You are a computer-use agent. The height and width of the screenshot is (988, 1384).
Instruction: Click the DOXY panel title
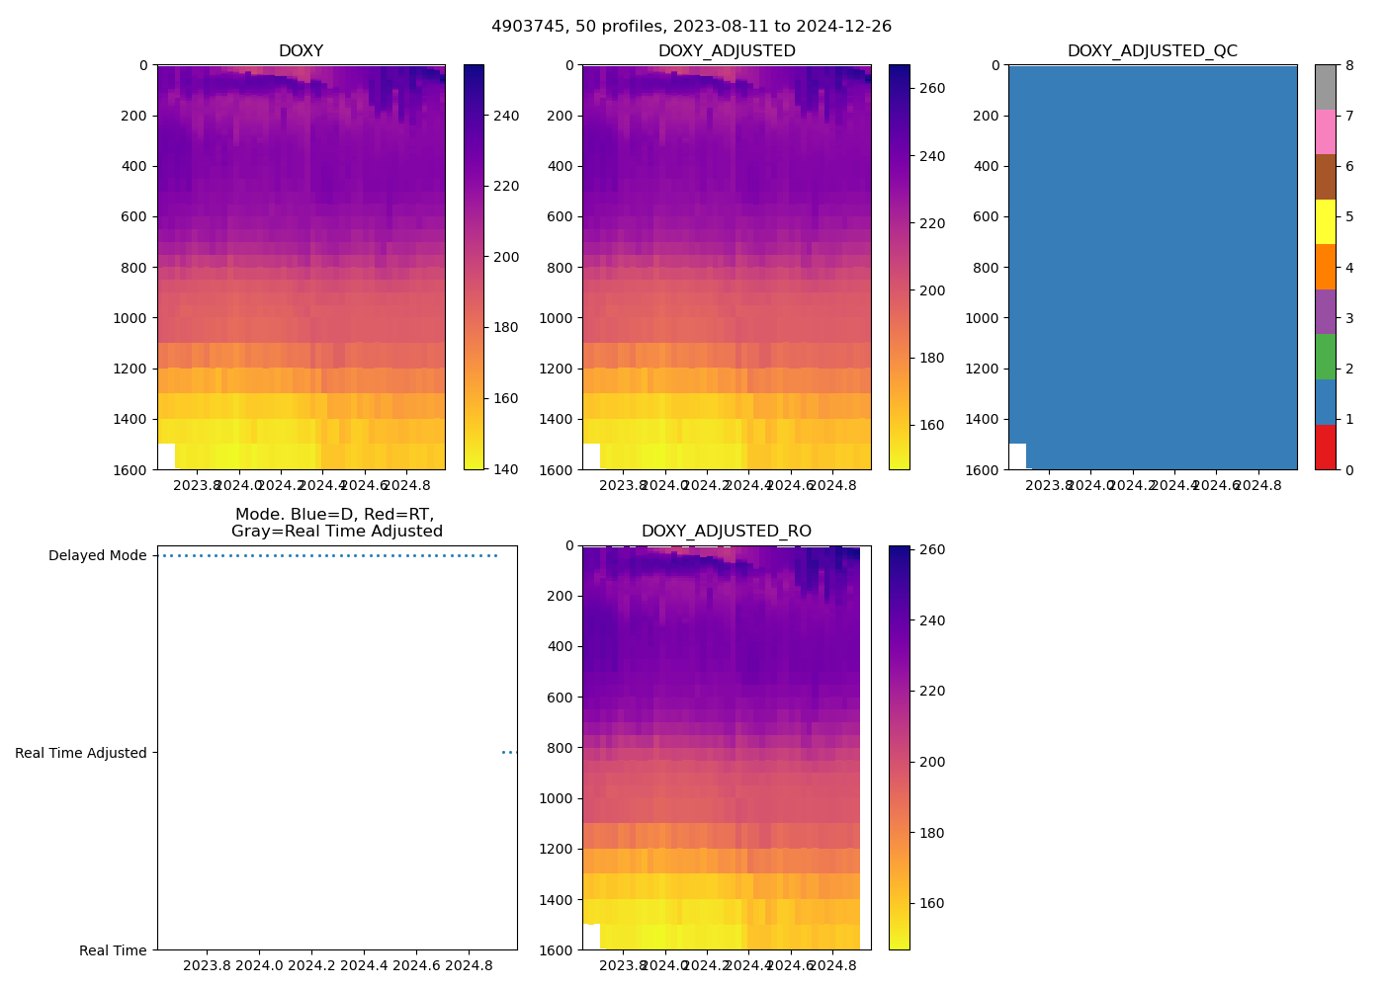click(301, 51)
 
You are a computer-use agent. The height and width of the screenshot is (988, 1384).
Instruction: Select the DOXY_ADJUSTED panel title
click(727, 51)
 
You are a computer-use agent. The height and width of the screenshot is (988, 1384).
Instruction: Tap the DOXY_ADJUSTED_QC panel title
click(1152, 51)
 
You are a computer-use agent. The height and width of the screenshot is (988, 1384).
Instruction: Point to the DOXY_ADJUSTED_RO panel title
click(727, 532)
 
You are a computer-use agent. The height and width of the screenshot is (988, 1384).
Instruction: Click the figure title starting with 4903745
click(691, 27)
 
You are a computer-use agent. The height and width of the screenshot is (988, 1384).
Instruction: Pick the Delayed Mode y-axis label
click(97, 556)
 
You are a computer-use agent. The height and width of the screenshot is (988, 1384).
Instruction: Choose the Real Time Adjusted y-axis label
click(80, 753)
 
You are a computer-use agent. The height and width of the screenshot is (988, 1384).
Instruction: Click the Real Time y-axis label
click(113, 950)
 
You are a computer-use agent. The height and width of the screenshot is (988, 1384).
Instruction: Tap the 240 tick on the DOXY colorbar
click(506, 116)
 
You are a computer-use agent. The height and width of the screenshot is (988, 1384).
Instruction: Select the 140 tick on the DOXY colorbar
click(506, 469)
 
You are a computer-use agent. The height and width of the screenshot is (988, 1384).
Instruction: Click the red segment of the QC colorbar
click(1325, 448)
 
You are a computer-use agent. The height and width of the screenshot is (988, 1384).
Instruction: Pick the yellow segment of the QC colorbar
click(1325, 222)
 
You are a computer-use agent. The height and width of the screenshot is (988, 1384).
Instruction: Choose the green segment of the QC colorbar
click(1325, 357)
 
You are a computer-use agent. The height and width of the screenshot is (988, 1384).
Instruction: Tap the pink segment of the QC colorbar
click(1325, 132)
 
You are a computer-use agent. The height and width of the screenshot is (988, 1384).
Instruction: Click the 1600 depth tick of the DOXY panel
click(130, 469)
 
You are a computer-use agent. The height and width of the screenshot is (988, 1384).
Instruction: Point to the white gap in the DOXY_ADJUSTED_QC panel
click(1017, 456)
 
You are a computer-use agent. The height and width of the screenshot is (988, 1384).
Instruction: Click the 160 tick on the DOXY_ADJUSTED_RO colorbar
click(931, 903)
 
